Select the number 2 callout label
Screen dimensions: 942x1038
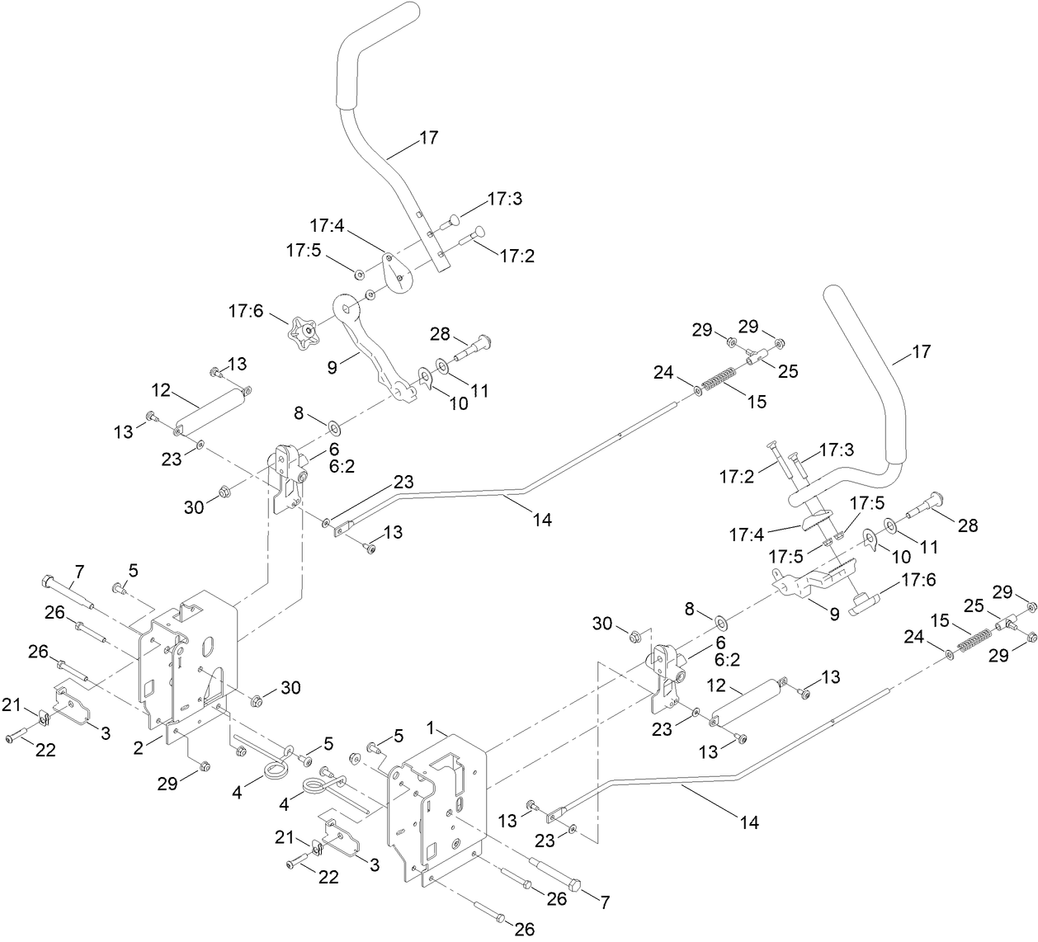(139, 747)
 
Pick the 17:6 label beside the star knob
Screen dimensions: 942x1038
(247, 312)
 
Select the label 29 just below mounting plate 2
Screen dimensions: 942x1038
(168, 781)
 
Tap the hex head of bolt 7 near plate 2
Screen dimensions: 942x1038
(45, 581)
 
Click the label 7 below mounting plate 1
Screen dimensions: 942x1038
(605, 902)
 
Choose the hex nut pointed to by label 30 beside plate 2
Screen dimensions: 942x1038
(256, 701)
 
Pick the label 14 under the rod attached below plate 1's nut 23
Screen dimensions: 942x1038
(749, 822)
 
